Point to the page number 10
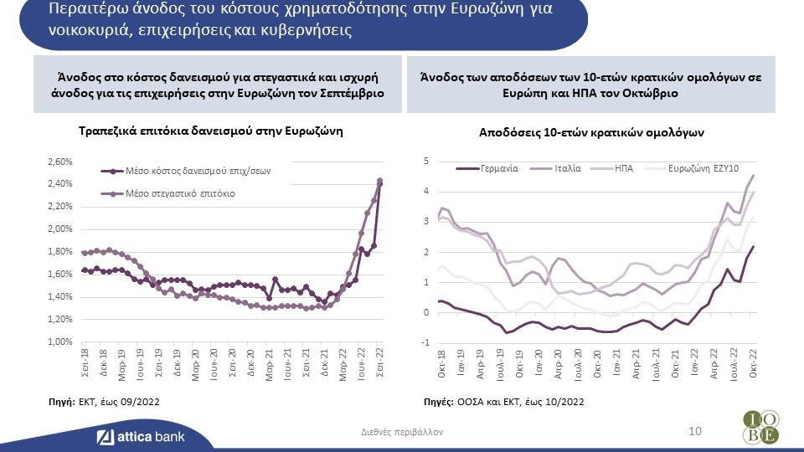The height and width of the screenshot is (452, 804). (693, 430)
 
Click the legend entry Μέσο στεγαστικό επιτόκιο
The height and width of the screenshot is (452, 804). (179, 193)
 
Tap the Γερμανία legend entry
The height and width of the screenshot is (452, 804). (498, 167)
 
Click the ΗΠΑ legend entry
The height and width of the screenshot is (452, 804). (624, 167)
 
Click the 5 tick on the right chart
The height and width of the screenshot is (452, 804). (426, 162)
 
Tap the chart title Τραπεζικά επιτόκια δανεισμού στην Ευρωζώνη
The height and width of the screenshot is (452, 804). (211, 132)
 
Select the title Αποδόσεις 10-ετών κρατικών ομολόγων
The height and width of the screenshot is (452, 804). (591, 132)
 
